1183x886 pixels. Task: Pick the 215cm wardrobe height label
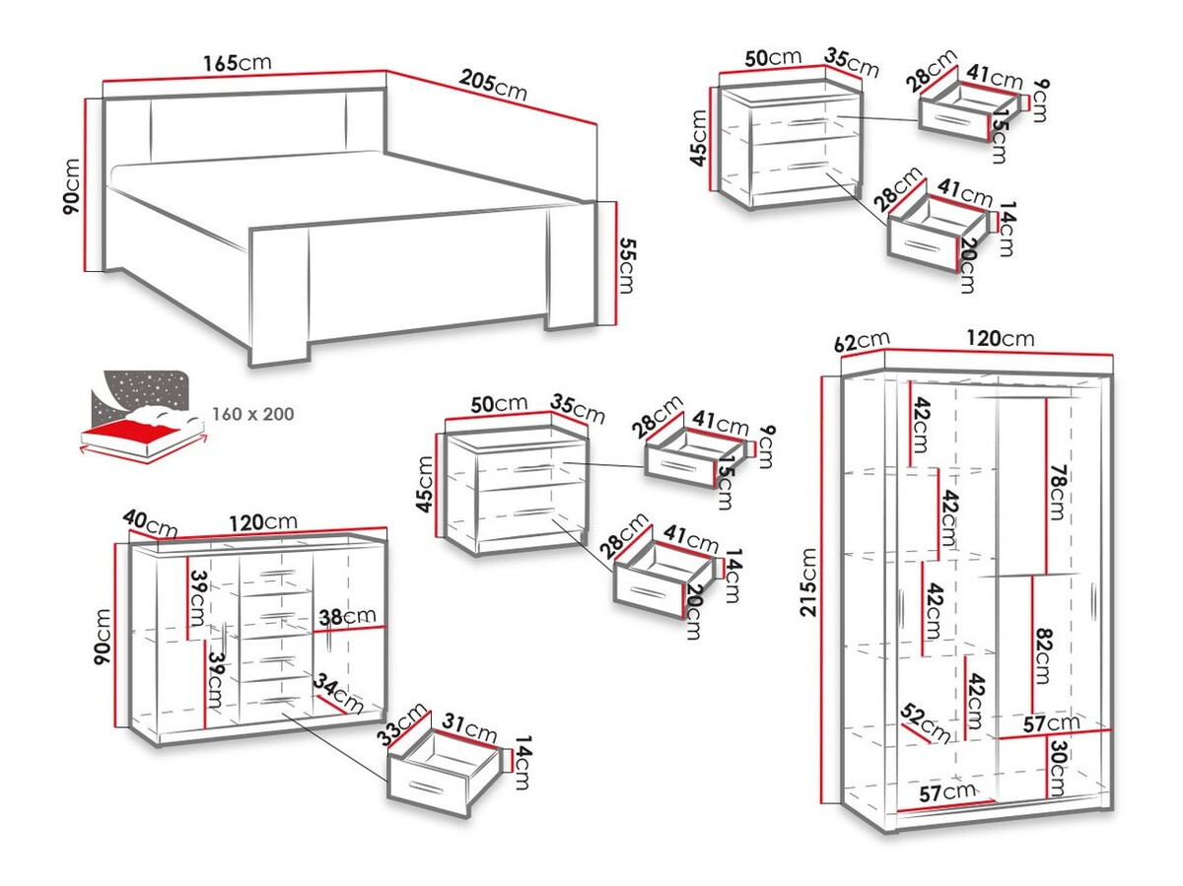click(x=808, y=581)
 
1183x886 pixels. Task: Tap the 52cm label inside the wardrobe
click(x=925, y=722)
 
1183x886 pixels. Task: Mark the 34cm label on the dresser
click(x=338, y=694)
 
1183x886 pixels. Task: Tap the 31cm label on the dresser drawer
click(x=468, y=731)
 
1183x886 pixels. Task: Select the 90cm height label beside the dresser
click(x=102, y=638)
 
